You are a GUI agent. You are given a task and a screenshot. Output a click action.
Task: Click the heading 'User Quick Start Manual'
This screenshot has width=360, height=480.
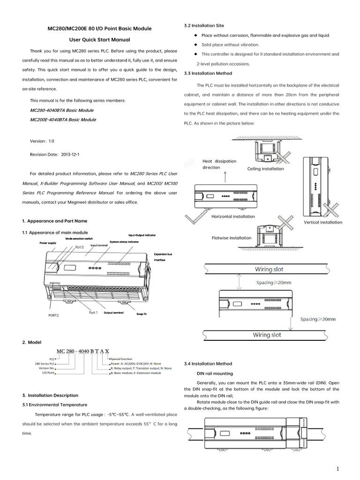click(x=99, y=40)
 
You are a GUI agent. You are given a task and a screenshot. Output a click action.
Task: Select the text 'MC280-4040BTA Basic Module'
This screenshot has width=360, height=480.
click(x=61, y=110)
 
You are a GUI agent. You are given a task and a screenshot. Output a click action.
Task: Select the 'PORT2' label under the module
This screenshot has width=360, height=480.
click(x=54, y=315)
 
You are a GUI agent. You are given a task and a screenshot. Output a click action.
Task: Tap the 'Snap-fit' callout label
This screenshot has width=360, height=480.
click(x=142, y=314)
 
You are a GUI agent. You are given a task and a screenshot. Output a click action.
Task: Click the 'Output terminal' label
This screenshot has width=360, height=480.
click(x=113, y=313)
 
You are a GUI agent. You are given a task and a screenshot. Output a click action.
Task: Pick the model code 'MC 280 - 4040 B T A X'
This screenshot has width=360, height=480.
click(x=82, y=351)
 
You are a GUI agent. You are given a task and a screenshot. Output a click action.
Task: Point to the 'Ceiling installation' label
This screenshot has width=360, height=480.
click(x=265, y=169)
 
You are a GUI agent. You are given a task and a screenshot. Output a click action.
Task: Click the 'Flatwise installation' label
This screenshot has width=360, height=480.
click(x=232, y=238)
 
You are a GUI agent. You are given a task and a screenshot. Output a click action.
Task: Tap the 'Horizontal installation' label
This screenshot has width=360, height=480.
click(x=233, y=217)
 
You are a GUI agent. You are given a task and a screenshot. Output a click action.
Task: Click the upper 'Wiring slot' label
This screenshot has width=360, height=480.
click(x=269, y=270)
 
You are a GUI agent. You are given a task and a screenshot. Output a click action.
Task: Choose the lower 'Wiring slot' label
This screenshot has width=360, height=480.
click(x=267, y=335)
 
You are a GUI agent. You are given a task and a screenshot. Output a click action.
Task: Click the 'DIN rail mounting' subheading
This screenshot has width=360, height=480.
click(x=215, y=374)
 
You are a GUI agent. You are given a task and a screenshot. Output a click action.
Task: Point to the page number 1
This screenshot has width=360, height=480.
click(x=337, y=469)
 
